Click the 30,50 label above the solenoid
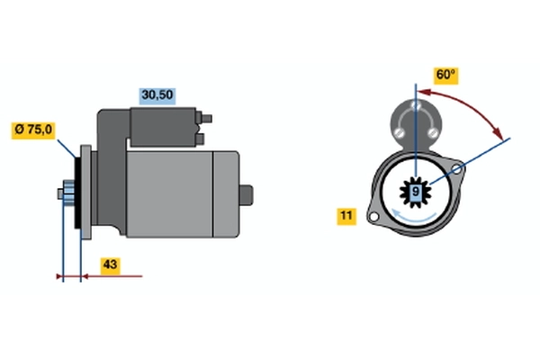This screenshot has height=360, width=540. (157, 96)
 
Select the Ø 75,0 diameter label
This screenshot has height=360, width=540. (33, 130)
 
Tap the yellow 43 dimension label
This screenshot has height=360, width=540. (111, 265)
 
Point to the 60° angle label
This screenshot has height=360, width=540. (445, 75)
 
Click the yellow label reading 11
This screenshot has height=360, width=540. (346, 216)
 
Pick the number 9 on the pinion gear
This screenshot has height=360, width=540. (416, 192)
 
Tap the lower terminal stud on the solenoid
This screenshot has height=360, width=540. (200, 139)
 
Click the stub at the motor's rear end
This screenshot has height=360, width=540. (247, 195)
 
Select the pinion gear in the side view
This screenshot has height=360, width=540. (68, 193)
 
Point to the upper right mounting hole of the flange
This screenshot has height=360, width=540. (456, 169)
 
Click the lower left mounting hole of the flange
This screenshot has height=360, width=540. (373, 218)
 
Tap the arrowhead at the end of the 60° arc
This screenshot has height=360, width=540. (497, 132)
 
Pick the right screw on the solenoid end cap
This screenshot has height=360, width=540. (432, 132)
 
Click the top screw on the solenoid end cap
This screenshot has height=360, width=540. (417, 104)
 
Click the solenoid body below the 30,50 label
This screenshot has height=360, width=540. (163, 127)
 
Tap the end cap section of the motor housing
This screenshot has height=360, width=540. (226, 194)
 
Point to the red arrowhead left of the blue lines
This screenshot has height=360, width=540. (59, 276)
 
